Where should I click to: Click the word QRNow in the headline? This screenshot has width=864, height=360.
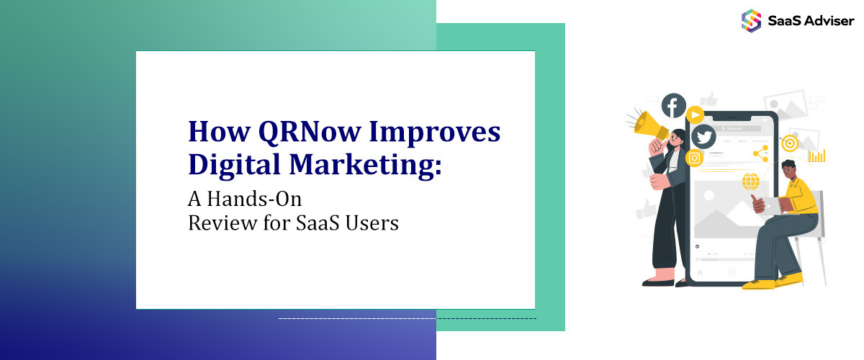click(310, 132)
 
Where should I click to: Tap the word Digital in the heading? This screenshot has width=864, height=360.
click(234, 165)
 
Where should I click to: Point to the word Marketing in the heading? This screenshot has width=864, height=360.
click(365, 165)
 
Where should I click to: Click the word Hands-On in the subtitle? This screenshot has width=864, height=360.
click(254, 199)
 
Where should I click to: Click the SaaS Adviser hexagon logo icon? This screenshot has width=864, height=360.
click(751, 20)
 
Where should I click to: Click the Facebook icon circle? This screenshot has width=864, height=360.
click(673, 105)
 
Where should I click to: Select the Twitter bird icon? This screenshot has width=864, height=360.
click(703, 137)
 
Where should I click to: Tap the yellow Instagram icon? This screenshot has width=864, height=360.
click(694, 158)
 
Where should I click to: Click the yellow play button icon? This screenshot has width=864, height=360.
click(696, 114)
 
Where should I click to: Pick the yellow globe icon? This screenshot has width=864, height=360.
click(750, 181)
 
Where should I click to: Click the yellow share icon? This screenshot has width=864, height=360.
click(760, 153)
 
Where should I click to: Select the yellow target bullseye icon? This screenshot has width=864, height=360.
click(790, 143)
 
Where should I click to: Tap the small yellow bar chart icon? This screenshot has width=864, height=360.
click(817, 156)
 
